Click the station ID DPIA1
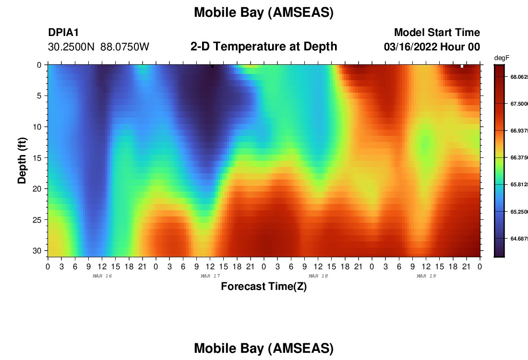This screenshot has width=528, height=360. click(x=63, y=32)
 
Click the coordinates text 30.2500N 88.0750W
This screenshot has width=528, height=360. click(x=98, y=47)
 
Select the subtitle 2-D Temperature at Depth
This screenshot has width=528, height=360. click(x=264, y=47)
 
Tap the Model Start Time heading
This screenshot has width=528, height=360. click(x=437, y=32)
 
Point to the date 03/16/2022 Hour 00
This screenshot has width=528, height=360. click(x=432, y=47)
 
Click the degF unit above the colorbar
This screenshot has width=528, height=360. click(x=502, y=58)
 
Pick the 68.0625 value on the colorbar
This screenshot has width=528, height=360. click(x=519, y=77)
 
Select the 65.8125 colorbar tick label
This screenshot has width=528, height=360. click(x=519, y=184)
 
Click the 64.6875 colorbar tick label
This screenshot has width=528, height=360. click(x=519, y=239)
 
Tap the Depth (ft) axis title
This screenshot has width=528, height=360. click(x=22, y=160)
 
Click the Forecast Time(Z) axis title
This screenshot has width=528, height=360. click(x=264, y=286)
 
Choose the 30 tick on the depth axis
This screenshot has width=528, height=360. click(x=36, y=251)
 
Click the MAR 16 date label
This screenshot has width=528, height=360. click(x=102, y=276)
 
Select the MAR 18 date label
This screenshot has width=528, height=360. click(x=318, y=276)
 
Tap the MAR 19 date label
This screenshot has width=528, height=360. click(x=426, y=276)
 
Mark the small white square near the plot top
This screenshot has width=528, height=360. click(x=462, y=66)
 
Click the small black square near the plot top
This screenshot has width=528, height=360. click(x=213, y=66)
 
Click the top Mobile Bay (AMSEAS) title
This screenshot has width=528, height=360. click(x=264, y=12)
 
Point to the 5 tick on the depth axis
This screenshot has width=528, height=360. click(x=39, y=96)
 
